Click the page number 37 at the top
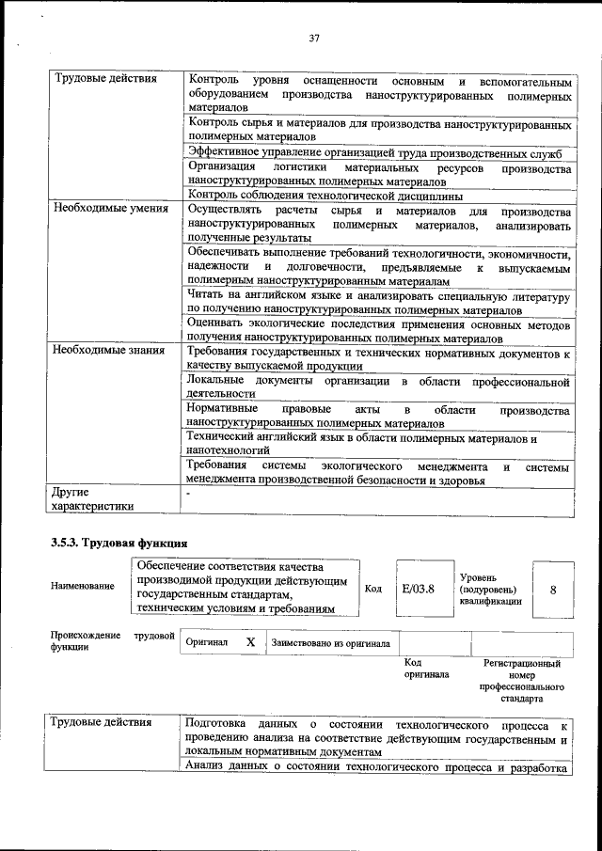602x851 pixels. (314, 38)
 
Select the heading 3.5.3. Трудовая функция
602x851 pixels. (119, 543)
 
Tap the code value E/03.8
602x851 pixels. (418, 589)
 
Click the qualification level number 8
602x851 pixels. (553, 589)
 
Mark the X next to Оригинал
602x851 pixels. (250, 642)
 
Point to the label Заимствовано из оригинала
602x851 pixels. (331, 643)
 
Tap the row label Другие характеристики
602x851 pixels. (92, 498)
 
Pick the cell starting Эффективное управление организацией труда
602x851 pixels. (374, 153)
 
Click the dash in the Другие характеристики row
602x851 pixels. (189, 493)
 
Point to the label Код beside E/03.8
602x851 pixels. (372, 589)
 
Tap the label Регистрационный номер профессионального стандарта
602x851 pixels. (521, 681)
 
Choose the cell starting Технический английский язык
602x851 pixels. (361, 444)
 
